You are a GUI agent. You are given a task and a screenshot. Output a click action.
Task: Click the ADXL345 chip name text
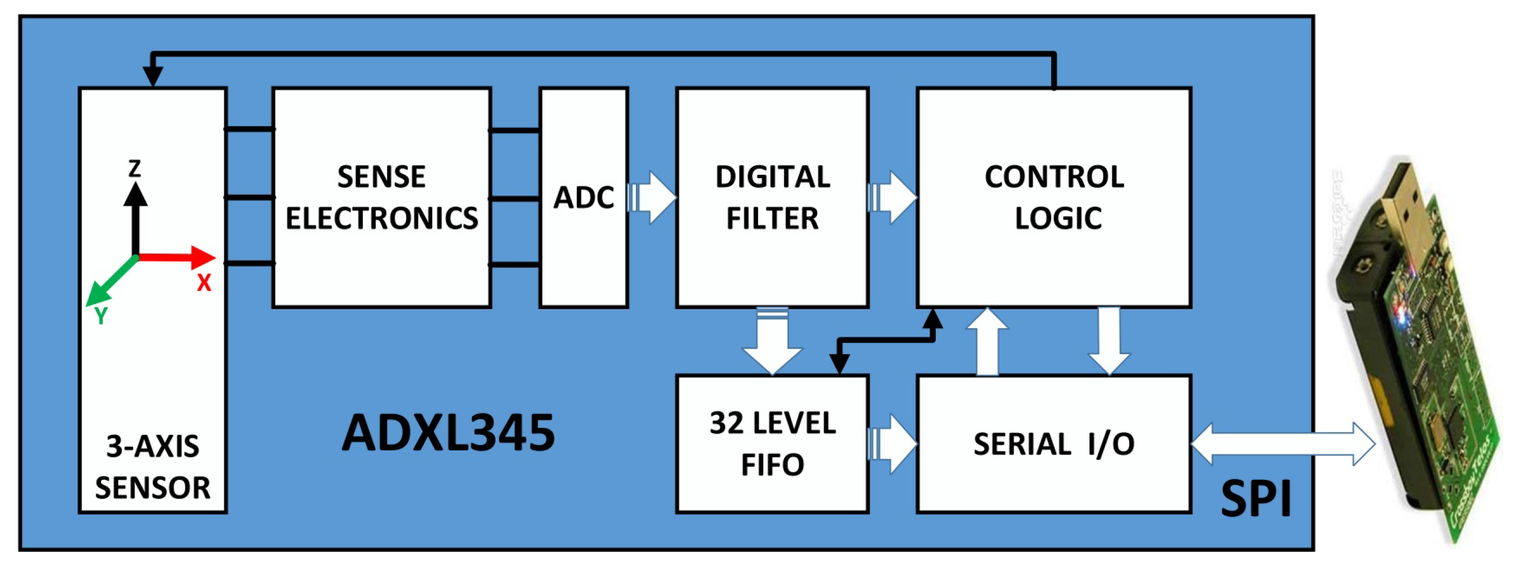pyautogui.click(x=448, y=434)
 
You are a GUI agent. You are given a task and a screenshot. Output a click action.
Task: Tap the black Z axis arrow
pyautogui.click(x=135, y=217)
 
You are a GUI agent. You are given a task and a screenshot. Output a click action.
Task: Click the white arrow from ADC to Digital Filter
pyautogui.click(x=654, y=197)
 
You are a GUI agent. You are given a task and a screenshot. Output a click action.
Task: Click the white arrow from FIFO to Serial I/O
pyautogui.click(x=893, y=444)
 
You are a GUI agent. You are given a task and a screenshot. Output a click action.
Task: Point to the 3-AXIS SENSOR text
pyautogui.click(x=153, y=467)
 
